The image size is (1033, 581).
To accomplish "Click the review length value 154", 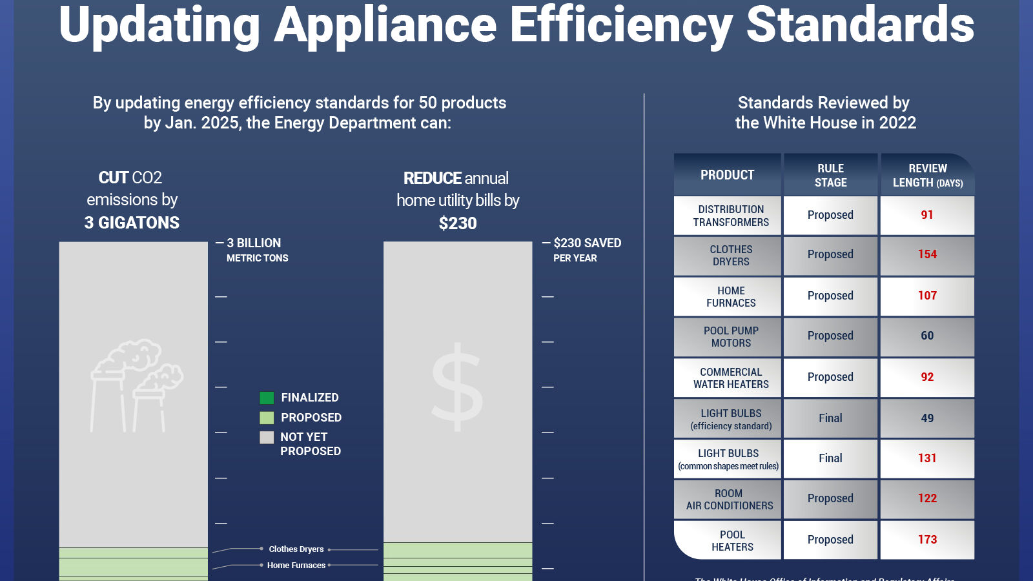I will [x=927, y=255].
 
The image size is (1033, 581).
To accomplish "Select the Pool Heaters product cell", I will [x=731, y=540].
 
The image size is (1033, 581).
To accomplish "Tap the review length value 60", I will [x=927, y=336].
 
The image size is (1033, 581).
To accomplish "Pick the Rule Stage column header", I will [x=830, y=175].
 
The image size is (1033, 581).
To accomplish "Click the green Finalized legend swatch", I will [x=267, y=398].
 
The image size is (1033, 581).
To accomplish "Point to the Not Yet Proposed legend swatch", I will [x=267, y=438].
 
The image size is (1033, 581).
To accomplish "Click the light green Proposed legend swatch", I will [x=267, y=418].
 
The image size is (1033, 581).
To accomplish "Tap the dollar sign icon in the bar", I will [x=457, y=387].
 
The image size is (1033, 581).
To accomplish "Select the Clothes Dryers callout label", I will [x=296, y=549].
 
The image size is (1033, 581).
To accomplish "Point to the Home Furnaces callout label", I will [x=296, y=566].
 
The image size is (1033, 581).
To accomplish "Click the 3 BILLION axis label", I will [x=254, y=243].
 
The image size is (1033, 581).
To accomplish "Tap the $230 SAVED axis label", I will [x=587, y=243].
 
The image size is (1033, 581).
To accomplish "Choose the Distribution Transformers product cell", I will [x=731, y=216].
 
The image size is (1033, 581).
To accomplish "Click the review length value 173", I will [x=927, y=540].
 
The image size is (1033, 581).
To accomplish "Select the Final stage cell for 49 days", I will [x=830, y=418].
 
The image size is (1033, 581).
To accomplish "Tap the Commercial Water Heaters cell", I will [x=731, y=378].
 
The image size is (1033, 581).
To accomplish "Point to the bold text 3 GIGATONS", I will [x=132, y=223].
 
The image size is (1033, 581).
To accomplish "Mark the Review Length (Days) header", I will [x=928, y=175].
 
